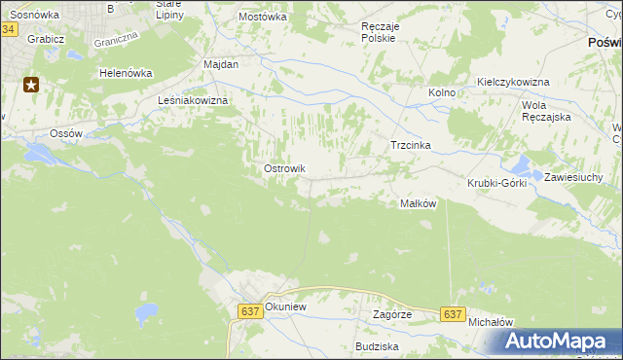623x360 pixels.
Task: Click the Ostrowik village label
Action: coord(284,169)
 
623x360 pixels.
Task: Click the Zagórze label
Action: coord(392,315)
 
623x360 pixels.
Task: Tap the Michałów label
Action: coord(490,321)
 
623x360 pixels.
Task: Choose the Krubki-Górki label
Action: coord(496,183)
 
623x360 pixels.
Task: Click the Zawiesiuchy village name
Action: coord(574,177)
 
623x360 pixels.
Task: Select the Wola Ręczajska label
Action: coord(545,110)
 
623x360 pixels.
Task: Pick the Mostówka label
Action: coord(262,17)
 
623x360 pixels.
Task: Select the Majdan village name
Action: coord(221,63)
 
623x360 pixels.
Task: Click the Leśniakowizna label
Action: coord(193,100)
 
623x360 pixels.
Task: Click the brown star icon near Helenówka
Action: coord(31,85)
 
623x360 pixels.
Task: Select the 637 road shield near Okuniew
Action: coord(249,310)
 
